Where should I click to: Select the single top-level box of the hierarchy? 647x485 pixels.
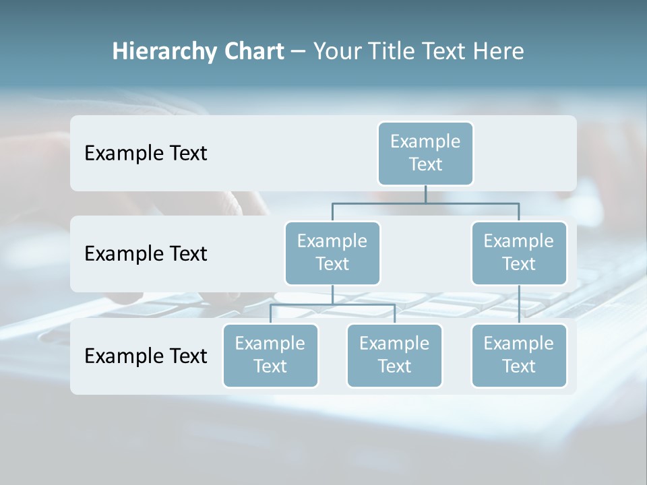coord(425,153)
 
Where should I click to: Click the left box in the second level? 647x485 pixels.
coord(332,253)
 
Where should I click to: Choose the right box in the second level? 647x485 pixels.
coord(519,253)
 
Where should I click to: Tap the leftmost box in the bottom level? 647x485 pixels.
coord(270,355)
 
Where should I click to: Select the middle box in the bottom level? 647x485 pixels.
coord(394,355)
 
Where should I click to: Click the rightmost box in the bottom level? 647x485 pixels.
coord(519,355)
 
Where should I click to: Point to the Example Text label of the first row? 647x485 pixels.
coord(146,154)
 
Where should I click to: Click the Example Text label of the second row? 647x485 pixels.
coord(146,254)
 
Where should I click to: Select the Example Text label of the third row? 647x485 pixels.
coord(146,356)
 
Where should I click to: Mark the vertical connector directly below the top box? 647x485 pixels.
coord(425,194)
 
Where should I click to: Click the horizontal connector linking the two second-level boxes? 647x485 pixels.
coord(425,203)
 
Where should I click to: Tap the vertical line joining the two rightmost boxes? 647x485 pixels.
coord(519,304)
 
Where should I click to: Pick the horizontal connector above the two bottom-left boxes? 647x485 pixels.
coord(332,304)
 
